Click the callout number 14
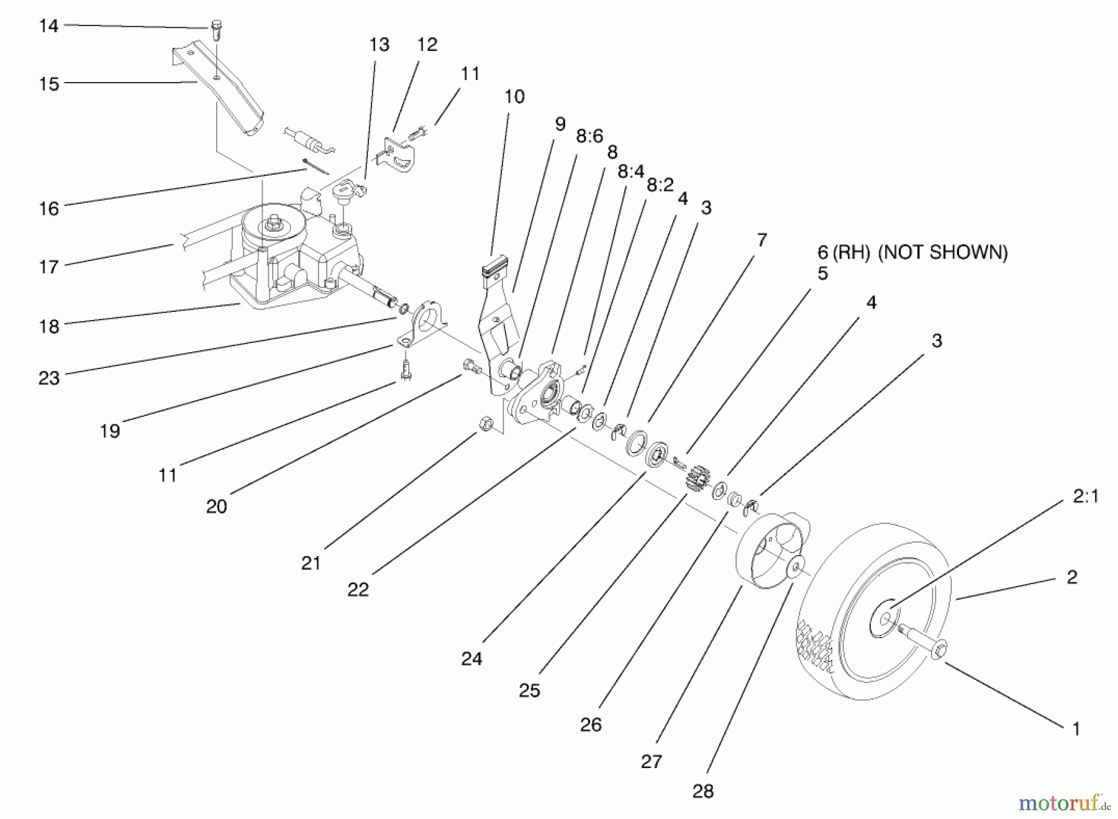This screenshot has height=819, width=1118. (48, 26)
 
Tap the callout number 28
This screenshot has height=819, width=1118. (702, 791)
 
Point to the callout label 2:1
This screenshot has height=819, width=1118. (1085, 496)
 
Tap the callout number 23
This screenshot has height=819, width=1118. (49, 378)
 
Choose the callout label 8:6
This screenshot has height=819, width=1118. (589, 136)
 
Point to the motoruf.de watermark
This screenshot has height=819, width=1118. (1064, 803)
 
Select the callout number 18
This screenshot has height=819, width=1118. (49, 326)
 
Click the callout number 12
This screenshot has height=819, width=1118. (427, 45)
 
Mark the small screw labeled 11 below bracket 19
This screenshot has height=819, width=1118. (406, 368)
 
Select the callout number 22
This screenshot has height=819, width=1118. (358, 589)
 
